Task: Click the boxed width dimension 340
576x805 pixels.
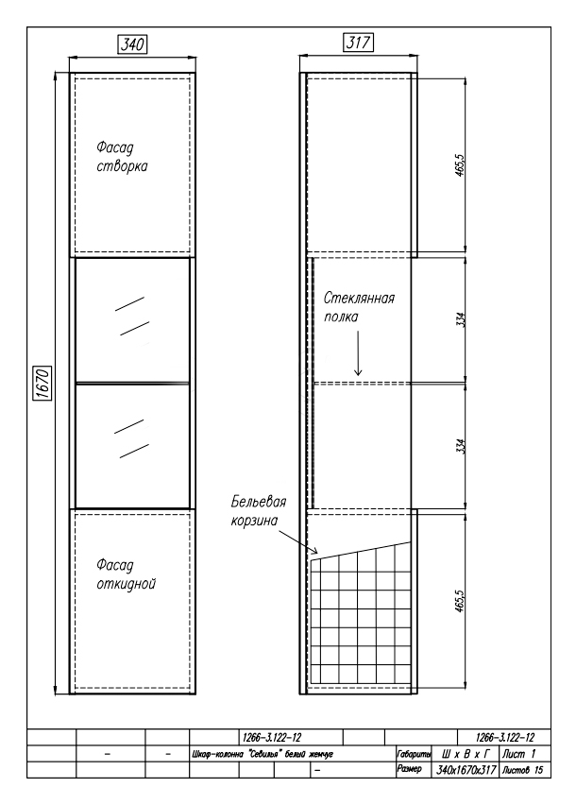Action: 133,43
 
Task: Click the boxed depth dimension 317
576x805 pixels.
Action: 358,43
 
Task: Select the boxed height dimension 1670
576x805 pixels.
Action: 43,384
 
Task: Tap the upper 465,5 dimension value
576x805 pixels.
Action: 460,164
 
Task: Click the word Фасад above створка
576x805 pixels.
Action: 115,147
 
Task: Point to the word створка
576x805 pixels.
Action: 122,166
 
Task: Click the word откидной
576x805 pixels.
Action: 127,584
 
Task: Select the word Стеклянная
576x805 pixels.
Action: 359,299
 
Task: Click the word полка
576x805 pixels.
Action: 341,317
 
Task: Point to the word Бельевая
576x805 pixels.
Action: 259,501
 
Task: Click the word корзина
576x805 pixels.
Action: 254,520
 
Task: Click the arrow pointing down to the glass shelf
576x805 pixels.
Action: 358,353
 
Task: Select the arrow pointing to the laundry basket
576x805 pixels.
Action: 298,542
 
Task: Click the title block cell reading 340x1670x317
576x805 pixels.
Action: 466,770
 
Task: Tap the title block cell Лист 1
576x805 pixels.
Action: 519,754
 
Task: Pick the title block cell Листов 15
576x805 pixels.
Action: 523,770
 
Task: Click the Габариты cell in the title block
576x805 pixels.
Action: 414,754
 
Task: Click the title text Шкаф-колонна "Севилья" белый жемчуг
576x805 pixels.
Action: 263,754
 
